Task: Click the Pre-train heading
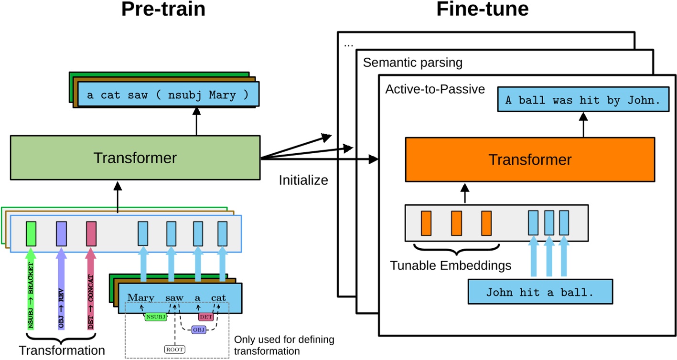point(163,10)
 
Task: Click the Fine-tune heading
point(483,10)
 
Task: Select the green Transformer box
point(135,158)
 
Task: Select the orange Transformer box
point(530,159)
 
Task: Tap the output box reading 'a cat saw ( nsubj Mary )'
point(168,95)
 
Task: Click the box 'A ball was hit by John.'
point(582,100)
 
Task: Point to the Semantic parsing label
point(412,62)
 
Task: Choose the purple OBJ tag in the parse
point(198,329)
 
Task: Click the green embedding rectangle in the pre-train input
point(31,233)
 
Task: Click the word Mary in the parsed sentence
point(140,297)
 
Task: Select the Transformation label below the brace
point(62,350)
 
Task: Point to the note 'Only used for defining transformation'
point(284,345)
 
